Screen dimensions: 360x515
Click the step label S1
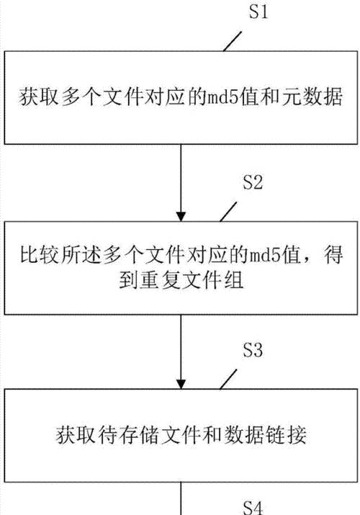[x=258, y=12]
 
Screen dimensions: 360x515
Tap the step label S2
[x=253, y=182]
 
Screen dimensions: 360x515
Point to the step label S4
[x=253, y=508]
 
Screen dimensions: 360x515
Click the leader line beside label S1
[x=233, y=41]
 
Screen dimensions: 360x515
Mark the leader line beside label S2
[x=228, y=212]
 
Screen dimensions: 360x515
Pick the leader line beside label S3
[x=228, y=379]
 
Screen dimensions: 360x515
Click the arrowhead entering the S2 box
[x=181, y=217]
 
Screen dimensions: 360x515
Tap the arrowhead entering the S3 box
[x=181, y=385]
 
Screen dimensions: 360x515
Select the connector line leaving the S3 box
[x=181, y=498]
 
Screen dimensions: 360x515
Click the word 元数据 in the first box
[x=312, y=97]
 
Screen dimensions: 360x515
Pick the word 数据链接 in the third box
[x=266, y=435]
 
